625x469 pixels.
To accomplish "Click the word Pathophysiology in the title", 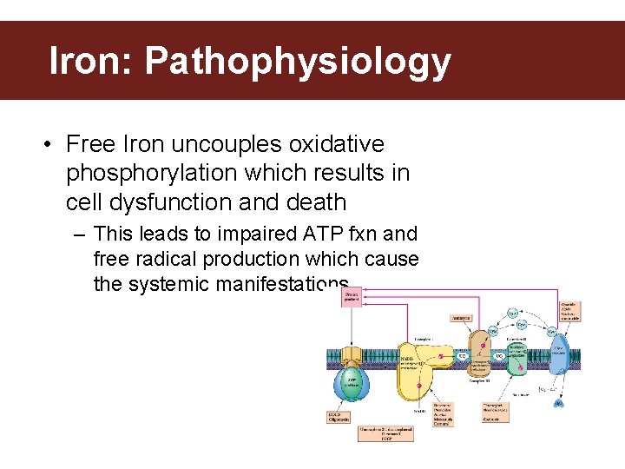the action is (298, 63).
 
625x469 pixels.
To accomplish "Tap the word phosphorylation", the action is (152, 173).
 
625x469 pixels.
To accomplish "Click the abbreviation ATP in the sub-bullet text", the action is (315, 234).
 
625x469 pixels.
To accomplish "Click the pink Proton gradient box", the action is (351, 299).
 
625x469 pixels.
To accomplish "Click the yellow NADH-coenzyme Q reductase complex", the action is (417, 365).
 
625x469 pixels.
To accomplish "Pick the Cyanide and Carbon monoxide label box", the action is (569, 311).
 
